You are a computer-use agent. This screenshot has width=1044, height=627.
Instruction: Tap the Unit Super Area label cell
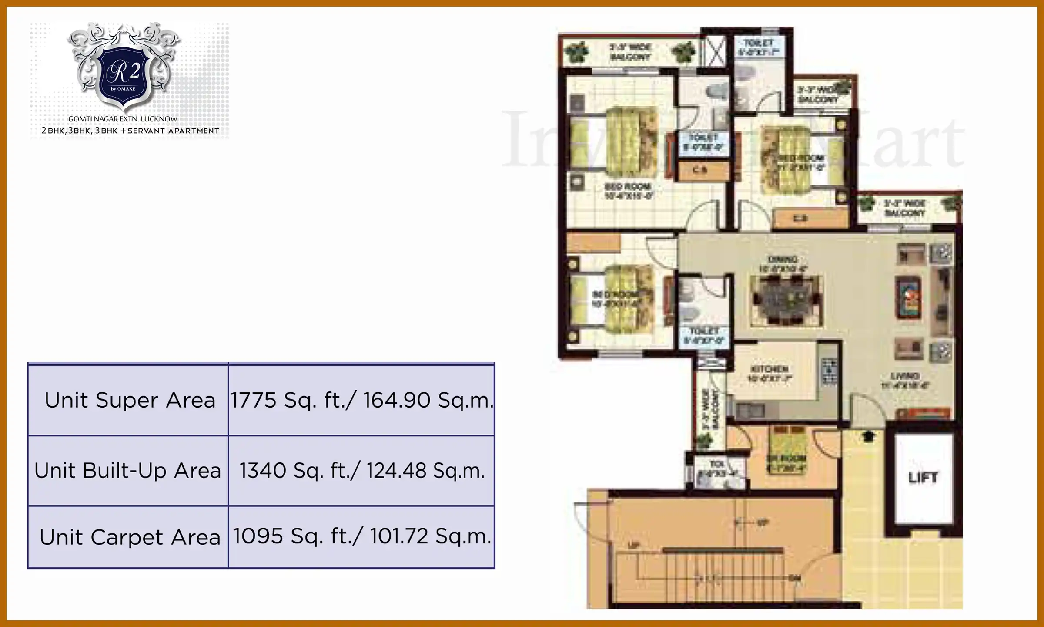point(130,400)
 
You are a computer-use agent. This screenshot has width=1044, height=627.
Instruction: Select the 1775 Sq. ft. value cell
point(361,400)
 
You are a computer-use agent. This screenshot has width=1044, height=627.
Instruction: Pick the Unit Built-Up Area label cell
point(128,471)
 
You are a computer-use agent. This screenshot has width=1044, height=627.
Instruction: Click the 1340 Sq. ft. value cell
point(361,471)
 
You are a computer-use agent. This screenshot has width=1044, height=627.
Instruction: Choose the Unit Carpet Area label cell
point(130,537)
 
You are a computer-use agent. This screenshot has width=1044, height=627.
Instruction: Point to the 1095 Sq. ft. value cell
point(361,536)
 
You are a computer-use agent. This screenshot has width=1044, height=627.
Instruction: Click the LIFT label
point(923,478)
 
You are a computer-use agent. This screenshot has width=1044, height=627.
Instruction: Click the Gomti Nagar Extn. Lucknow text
point(123,119)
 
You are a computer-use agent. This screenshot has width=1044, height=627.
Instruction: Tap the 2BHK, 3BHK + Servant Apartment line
point(130,131)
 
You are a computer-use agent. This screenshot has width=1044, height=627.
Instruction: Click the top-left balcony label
point(630,52)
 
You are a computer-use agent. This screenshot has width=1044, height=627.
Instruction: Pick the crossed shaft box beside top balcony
point(714,51)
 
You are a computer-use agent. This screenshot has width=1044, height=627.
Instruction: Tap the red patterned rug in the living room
point(908,298)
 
